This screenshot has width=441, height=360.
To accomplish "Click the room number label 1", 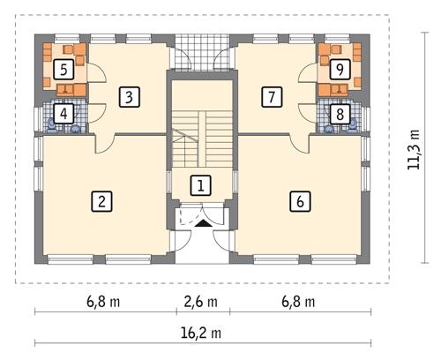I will point(202,185).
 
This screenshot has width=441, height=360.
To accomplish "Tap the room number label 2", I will point(103,201).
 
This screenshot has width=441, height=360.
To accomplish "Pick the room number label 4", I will point(64,113).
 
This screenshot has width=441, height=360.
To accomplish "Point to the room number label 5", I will point(64,69).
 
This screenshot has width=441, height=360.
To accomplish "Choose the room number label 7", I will point(273,96).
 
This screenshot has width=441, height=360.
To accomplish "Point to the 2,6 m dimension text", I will point(202,301).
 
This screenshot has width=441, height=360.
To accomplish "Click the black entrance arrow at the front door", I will point(202,224).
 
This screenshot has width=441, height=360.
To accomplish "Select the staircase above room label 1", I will point(202,139).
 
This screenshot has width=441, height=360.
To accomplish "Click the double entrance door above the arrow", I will point(202,212).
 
